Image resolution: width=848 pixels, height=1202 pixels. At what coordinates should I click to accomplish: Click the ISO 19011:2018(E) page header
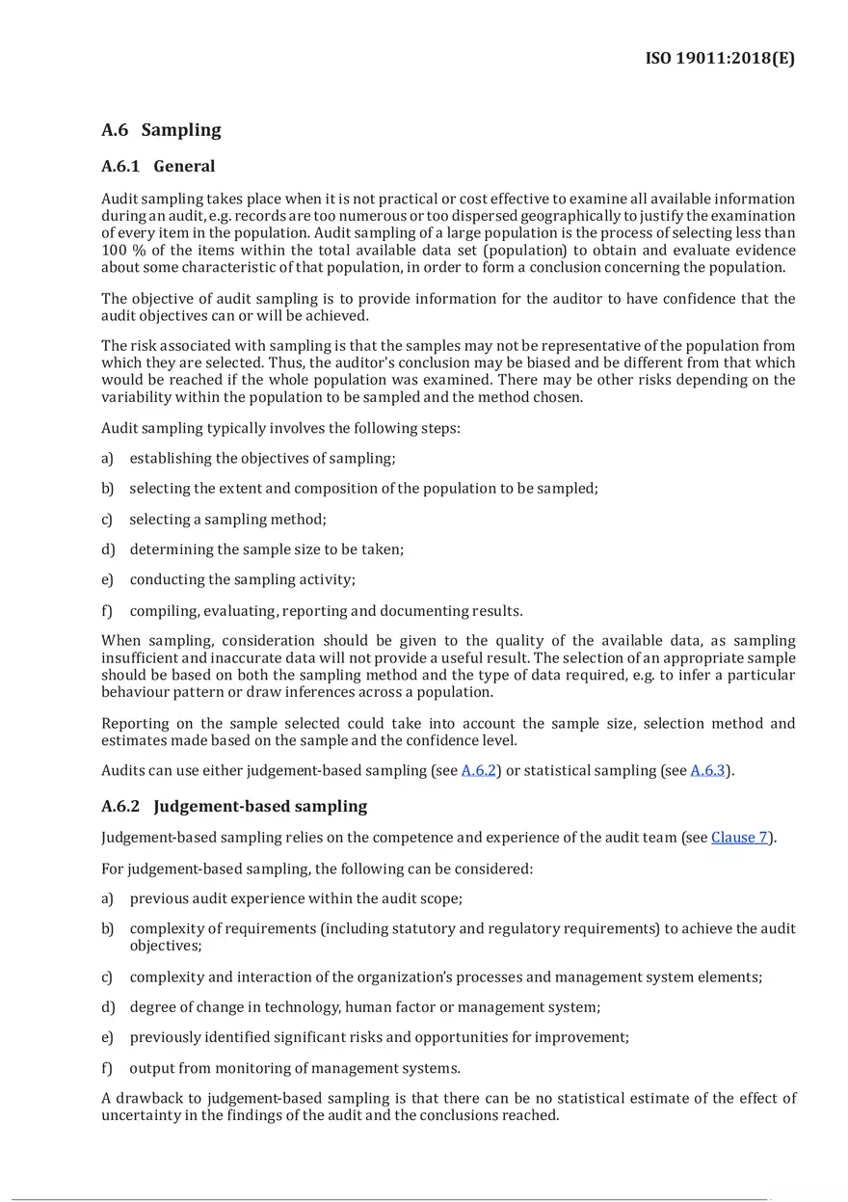pos(720,59)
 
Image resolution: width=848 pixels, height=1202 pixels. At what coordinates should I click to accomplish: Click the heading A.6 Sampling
pos(161,130)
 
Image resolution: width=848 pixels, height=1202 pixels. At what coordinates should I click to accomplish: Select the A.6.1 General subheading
pos(158,167)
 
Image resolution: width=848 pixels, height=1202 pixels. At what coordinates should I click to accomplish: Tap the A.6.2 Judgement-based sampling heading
pos(234,806)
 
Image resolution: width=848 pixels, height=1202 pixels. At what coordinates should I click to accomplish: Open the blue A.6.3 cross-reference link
pos(707,770)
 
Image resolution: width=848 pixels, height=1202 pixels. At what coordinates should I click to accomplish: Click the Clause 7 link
pos(739,837)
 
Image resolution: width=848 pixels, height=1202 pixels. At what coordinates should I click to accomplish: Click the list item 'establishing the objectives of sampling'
pos(262,458)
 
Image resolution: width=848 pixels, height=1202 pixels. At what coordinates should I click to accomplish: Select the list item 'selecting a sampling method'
pos(227,519)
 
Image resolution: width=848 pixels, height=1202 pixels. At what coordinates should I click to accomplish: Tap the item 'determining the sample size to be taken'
pos(266,549)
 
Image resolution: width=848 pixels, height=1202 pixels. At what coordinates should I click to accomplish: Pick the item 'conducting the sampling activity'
pos(242,579)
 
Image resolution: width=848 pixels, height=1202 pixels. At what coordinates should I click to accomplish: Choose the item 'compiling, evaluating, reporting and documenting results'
pos(326,610)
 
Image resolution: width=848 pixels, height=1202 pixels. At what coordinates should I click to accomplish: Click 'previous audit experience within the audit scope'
pos(296,898)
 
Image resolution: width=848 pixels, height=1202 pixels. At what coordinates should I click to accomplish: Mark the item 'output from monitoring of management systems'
pos(295,1068)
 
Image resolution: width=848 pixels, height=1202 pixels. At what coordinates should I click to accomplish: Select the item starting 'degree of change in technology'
pos(364,1007)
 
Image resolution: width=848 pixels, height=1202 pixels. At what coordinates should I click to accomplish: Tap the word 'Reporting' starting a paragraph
pos(135,723)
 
